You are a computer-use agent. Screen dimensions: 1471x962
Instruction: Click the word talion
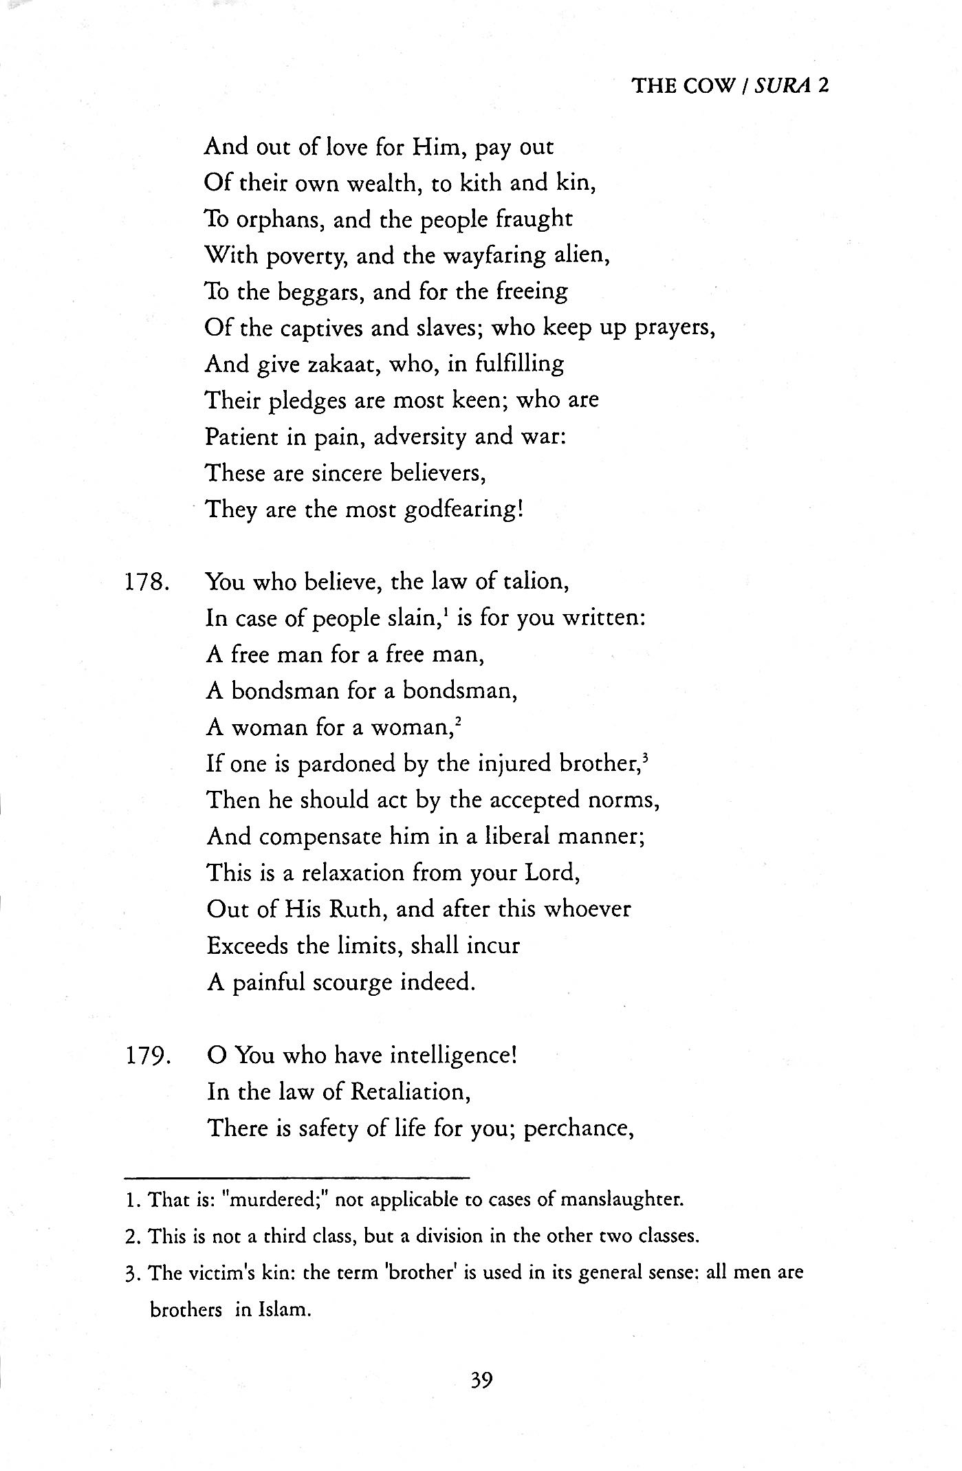[x=534, y=582]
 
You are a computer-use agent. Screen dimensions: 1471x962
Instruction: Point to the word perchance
[x=578, y=1129]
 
